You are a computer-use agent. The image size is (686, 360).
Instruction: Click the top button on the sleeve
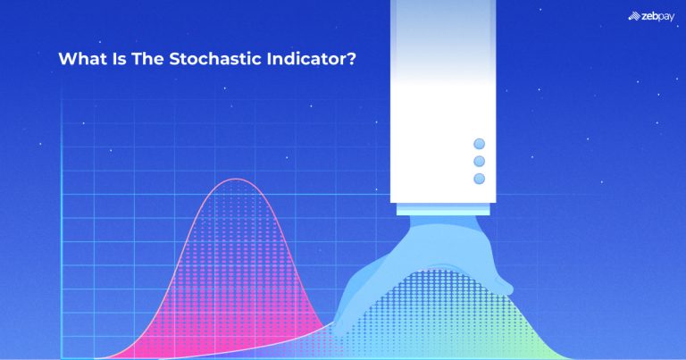click(479, 144)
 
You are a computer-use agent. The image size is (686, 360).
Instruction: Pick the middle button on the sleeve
click(479, 161)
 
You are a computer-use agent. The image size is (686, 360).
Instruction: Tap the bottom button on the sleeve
click(479, 179)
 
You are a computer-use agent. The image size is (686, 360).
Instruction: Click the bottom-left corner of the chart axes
click(62, 357)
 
